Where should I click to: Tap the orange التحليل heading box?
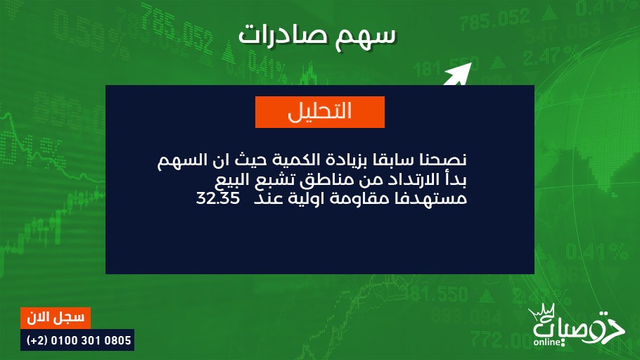(319, 112)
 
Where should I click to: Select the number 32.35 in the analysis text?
(217, 198)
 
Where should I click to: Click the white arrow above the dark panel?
(458, 75)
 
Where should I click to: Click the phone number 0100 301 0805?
(91, 340)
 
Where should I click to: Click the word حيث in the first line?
(247, 160)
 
